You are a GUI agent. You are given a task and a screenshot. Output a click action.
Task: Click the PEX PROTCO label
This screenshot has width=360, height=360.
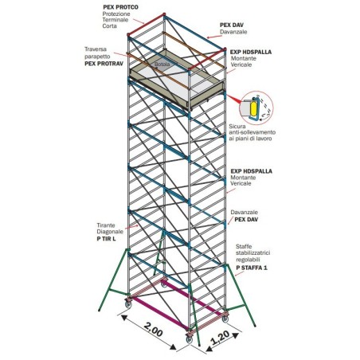point(120,7)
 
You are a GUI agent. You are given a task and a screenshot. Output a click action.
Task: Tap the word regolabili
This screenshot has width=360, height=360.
point(252,263)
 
